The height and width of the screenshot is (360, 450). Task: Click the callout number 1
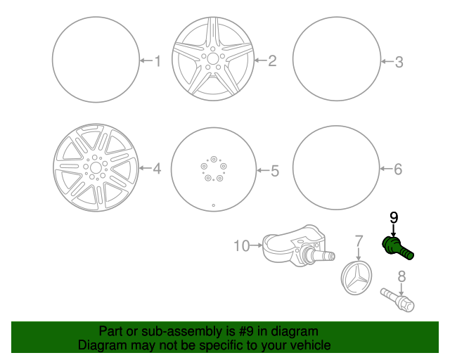pyautogui.click(x=157, y=61)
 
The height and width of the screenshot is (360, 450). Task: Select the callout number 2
pyautogui.click(x=272, y=61)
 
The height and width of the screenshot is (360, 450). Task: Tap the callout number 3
pyautogui.click(x=399, y=63)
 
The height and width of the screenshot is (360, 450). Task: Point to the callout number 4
pyautogui.click(x=157, y=168)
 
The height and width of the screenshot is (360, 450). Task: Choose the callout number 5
pyautogui.click(x=275, y=170)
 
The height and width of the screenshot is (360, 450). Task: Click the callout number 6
pyautogui.click(x=397, y=169)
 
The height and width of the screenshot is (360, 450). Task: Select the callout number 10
pyautogui.click(x=242, y=245)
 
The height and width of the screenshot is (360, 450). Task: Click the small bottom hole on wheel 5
pyautogui.click(x=214, y=205)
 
